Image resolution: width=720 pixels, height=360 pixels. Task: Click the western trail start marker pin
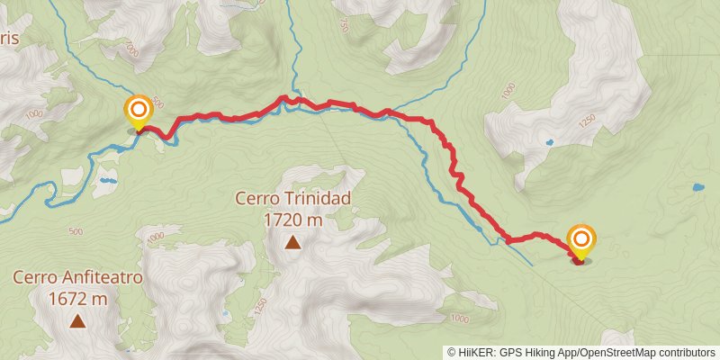coord(139,112)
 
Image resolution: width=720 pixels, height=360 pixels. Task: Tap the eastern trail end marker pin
coord(581,240)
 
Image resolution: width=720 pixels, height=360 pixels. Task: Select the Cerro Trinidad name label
coord(292,197)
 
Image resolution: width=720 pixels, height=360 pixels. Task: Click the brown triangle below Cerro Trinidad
coord(292,241)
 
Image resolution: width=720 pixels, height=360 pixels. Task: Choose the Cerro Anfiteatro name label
coord(77,278)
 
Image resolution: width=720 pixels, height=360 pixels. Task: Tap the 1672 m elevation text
coord(77,299)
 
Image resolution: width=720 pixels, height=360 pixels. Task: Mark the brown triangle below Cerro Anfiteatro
coord(77,320)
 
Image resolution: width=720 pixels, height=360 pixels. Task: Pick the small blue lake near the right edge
coord(697,188)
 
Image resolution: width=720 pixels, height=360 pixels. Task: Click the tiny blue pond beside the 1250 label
coord(548,141)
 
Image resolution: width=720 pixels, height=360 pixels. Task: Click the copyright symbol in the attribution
coord(451,352)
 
